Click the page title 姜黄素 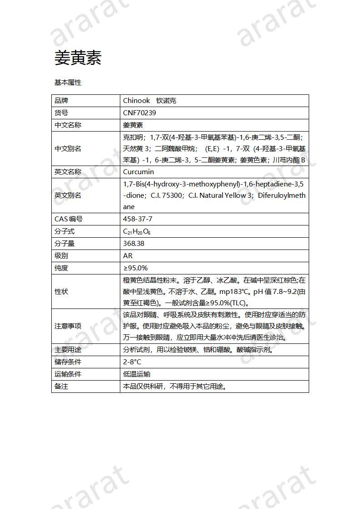(78, 58)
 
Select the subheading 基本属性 (68, 83)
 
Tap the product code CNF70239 (139, 113)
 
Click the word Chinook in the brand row (136, 101)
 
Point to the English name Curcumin (138, 172)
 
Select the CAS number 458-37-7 (138, 219)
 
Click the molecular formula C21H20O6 (137, 231)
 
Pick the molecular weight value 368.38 (134, 244)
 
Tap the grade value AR (128, 256)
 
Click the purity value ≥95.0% (135, 268)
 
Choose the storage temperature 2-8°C (132, 362)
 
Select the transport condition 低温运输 (137, 374)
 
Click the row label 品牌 (61, 101)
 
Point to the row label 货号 (61, 113)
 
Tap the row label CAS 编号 (69, 219)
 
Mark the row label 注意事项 (68, 326)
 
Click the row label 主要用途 (68, 350)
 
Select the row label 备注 (61, 387)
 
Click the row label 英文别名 (68, 196)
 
